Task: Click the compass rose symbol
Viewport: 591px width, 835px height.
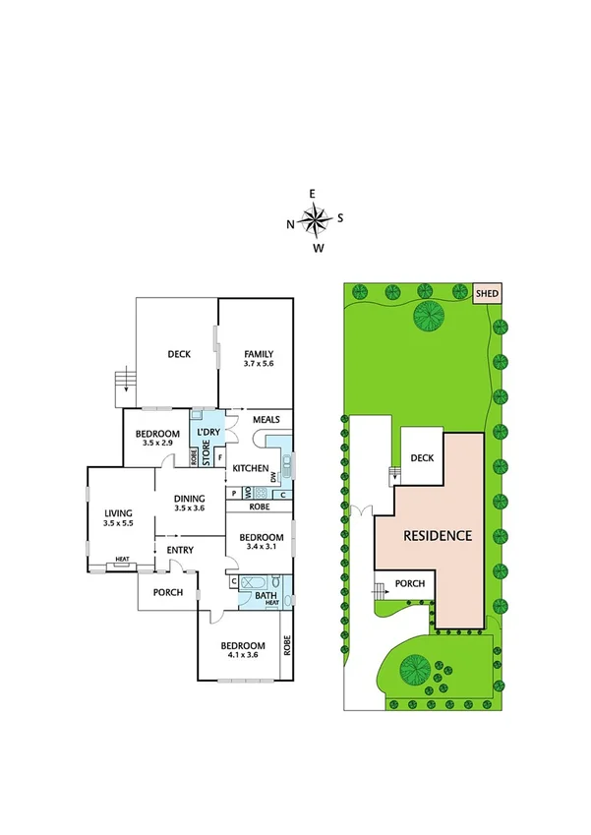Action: point(314,221)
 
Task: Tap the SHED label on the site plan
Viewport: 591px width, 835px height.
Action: point(488,293)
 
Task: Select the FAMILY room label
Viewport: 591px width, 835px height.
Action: point(255,354)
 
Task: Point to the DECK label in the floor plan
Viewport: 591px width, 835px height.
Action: point(178,355)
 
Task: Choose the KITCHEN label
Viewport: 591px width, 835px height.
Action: point(251,467)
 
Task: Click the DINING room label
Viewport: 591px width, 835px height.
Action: point(189,498)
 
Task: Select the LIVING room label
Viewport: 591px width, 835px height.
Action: point(119,511)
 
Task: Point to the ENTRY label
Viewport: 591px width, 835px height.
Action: point(180,550)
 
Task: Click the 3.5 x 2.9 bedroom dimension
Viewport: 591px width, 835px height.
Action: point(158,444)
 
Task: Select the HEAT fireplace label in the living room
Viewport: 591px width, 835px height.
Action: point(122,561)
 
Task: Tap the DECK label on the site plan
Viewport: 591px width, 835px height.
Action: point(422,457)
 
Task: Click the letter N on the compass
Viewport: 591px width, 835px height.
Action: point(290,224)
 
